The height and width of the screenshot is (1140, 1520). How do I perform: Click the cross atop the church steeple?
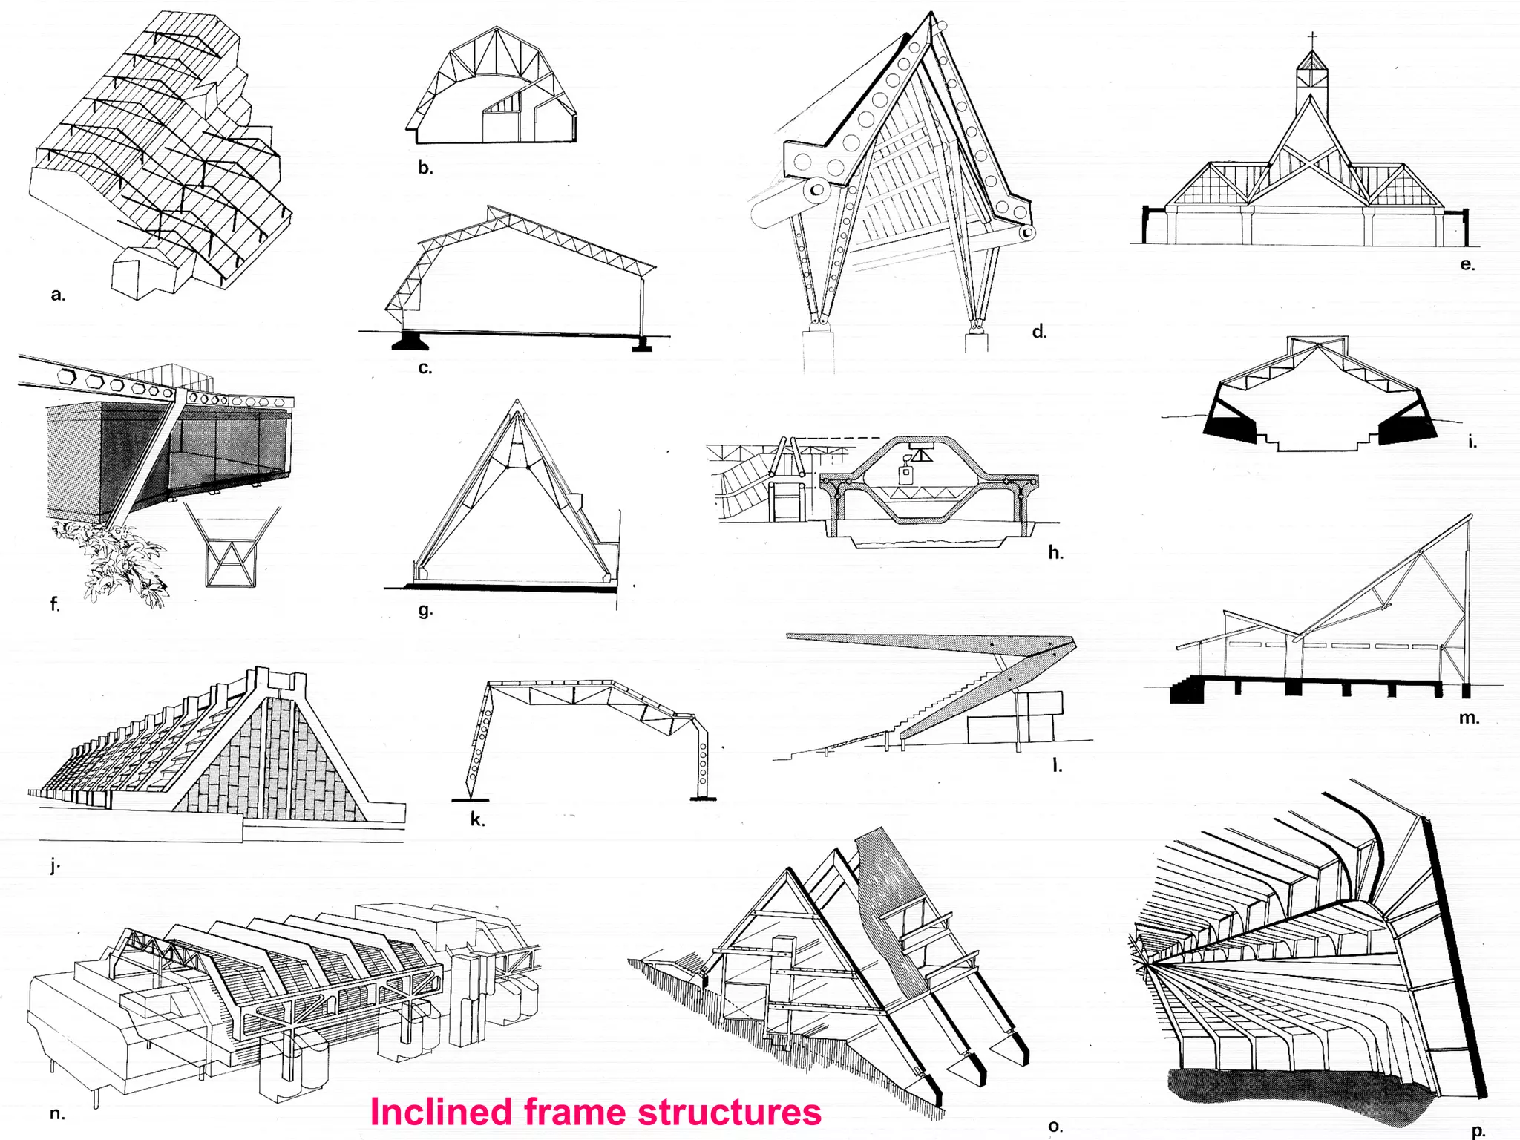(1312, 39)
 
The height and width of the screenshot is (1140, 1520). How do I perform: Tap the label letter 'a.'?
(58, 295)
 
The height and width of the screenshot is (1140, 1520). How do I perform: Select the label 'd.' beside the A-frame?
(1039, 332)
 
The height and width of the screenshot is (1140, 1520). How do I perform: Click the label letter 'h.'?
(1055, 552)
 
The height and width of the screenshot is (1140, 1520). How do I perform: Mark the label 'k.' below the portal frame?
(477, 820)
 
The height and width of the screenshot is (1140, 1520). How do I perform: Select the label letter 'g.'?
(425, 610)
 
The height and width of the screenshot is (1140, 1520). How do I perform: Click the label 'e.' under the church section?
(1467, 264)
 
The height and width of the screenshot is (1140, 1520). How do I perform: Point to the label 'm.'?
(1469, 718)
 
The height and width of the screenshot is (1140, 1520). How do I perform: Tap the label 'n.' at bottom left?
(57, 1113)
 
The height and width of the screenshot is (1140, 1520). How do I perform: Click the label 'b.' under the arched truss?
(425, 168)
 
